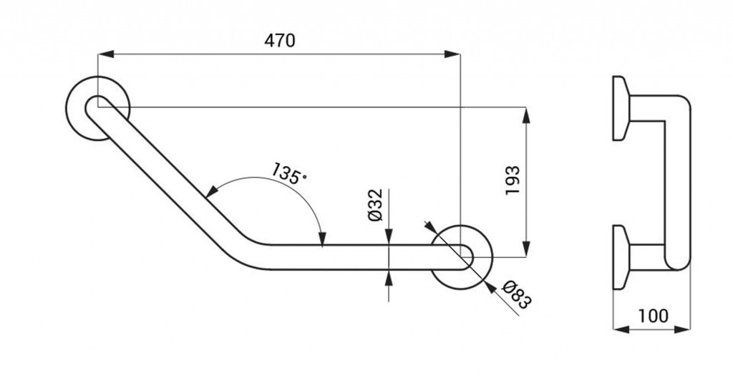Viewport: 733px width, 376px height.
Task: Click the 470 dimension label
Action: (x=280, y=41)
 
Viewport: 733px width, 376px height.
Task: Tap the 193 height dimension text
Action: (x=513, y=180)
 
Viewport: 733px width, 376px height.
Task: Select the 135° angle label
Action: (x=289, y=173)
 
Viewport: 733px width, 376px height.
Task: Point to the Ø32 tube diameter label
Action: (x=375, y=205)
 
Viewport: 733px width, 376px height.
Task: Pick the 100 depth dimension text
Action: (x=653, y=316)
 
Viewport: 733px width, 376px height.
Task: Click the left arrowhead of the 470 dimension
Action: (x=106, y=54)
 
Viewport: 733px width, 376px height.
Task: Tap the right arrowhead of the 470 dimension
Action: (x=452, y=54)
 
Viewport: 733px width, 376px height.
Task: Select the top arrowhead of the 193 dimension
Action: (x=526, y=115)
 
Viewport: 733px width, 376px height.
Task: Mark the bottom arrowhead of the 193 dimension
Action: (x=526, y=249)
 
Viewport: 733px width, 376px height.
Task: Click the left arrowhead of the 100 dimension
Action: (x=621, y=329)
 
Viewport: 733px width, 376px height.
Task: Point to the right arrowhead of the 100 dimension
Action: (x=682, y=329)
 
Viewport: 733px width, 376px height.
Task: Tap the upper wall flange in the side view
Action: (x=621, y=108)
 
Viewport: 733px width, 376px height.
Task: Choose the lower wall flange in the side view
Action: (x=621, y=257)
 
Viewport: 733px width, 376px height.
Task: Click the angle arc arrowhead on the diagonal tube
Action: (x=212, y=191)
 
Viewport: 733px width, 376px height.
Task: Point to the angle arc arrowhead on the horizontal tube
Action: (x=321, y=238)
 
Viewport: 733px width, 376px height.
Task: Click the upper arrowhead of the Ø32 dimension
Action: (x=389, y=236)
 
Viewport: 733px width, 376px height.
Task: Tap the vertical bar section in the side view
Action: (x=677, y=183)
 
